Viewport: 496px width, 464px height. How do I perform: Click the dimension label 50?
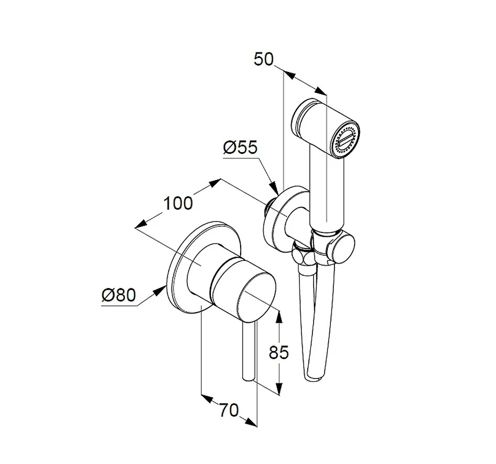point(264,59)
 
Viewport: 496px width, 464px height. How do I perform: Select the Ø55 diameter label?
point(240,147)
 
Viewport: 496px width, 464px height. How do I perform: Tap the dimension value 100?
point(178,203)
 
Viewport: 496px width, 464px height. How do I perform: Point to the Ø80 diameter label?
point(118,295)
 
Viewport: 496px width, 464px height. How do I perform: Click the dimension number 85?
point(279,352)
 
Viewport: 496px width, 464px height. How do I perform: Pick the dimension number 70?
point(229,411)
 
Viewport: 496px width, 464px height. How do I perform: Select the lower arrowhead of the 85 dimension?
point(279,388)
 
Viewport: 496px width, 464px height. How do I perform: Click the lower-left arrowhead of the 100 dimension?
point(142,224)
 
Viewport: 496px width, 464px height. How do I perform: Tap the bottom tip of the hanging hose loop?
point(314,378)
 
